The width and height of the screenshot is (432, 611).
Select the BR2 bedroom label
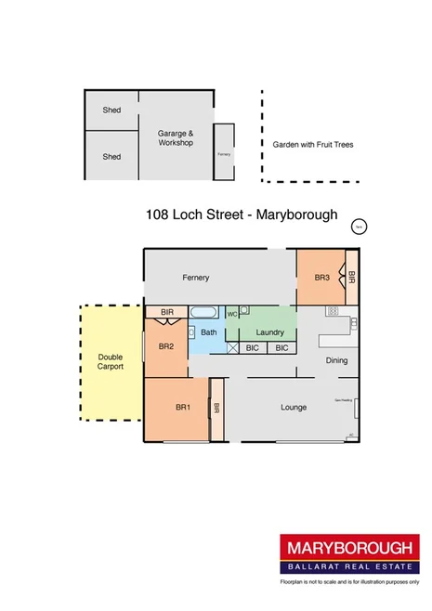pyautogui.click(x=166, y=346)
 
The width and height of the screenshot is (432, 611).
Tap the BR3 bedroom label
pyautogui.click(x=321, y=278)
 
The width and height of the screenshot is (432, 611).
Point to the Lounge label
pyautogui.click(x=295, y=408)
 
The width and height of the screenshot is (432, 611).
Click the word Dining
pyautogui.click(x=336, y=360)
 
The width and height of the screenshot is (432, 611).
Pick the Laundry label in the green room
pyautogui.click(x=268, y=331)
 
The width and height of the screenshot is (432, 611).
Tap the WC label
pyautogui.click(x=232, y=314)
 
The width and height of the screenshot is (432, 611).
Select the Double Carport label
pyautogui.click(x=111, y=361)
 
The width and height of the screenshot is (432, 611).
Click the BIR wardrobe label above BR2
pyautogui.click(x=167, y=313)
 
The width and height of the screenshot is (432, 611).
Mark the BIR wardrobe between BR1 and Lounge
pyautogui.click(x=216, y=407)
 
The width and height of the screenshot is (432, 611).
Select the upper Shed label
pyautogui.click(x=111, y=110)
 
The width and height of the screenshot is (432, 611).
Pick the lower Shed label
pyautogui.click(x=111, y=157)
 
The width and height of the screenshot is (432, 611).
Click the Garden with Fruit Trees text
pyautogui.click(x=312, y=145)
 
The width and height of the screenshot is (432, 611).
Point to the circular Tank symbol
pyautogui.click(x=358, y=225)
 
